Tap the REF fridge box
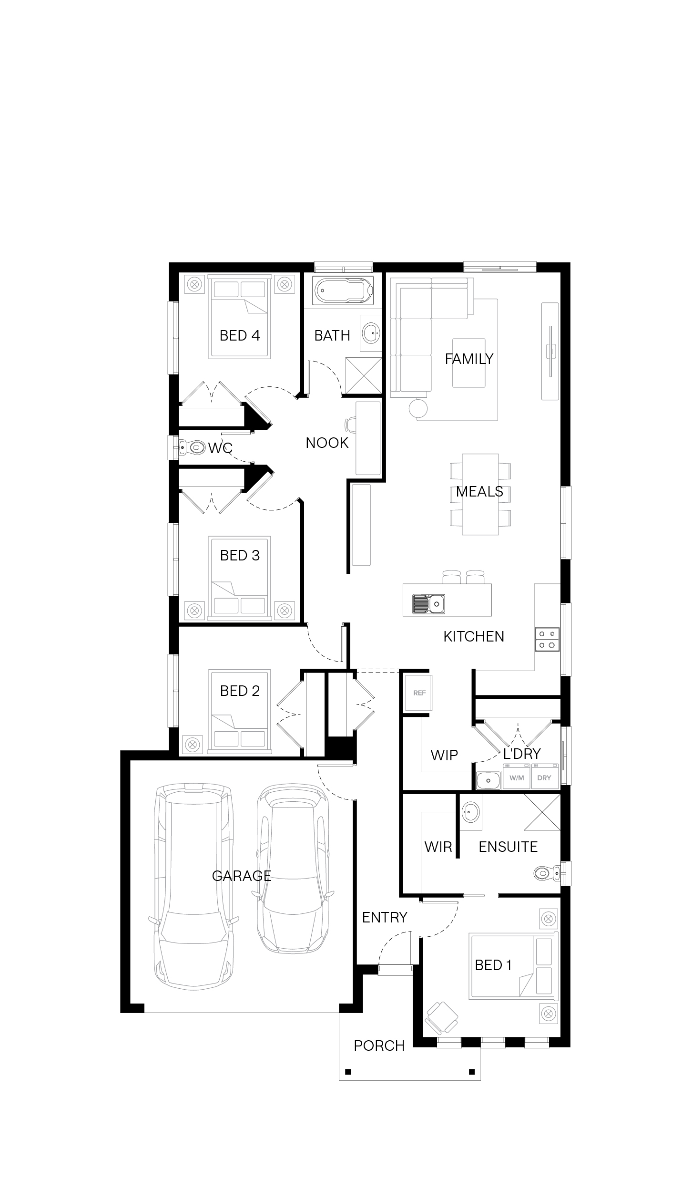[x=419, y=693]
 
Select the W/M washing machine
[x=517, y=777]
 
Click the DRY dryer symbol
[x=544, y=777]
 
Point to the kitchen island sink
[x=429, y=604]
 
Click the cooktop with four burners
[x=547, y=639]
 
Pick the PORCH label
[x=379, y=1046]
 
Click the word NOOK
[x=327, y=443]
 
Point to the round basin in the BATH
[x=371, y=333]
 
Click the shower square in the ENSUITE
[x=542, y=812]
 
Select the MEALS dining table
[x=480, y=494]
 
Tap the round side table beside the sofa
[x=418, y=408]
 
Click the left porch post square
[x=348, y=1072]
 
